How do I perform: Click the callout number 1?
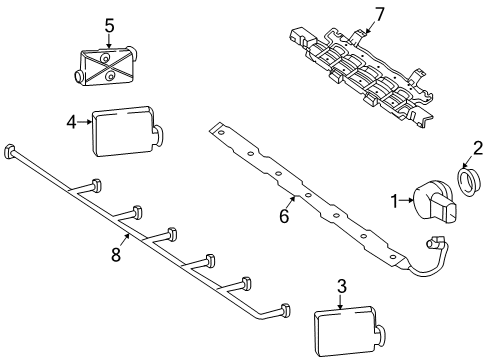click(x=395, y=201)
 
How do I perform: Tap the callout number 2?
click(x=478, y=148)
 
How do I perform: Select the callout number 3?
click(x=342, y=287)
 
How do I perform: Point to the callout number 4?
click(x=71, y=122)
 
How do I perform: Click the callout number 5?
click(x=109, y=26)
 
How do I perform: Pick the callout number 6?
click(x=284, y=217)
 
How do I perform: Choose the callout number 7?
click(x=380, y=14)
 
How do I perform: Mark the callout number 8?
click(x=116, y=255)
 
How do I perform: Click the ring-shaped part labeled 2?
click(x=468, y=182)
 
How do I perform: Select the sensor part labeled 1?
click(x=433, y=202)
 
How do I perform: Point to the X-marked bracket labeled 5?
click(x=106, y=65)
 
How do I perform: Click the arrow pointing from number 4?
click(x=84, y=122)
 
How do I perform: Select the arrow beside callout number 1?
click(x=406, y=200)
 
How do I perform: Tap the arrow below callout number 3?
click(x=340, y=302)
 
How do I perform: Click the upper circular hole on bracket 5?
click(x=106, y=59)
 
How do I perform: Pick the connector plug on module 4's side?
click(x=158, y=135)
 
